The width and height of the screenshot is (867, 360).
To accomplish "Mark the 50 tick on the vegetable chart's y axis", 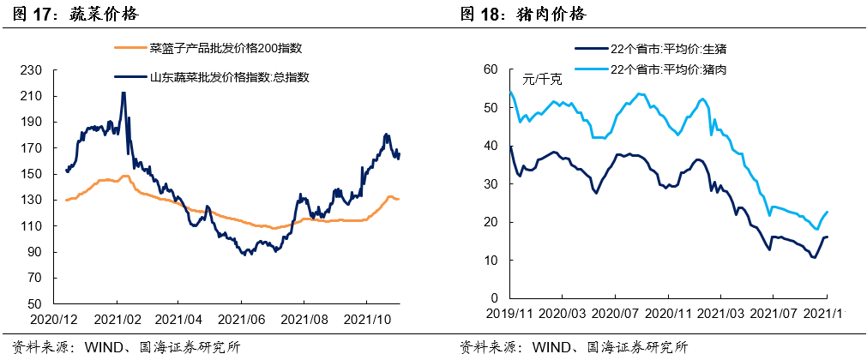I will coord(32,303).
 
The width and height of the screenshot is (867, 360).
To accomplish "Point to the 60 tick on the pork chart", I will coord(491,70).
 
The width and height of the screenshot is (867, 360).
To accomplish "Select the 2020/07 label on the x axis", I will coord(635,315).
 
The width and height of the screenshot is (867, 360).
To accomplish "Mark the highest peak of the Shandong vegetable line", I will coord(123,93).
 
